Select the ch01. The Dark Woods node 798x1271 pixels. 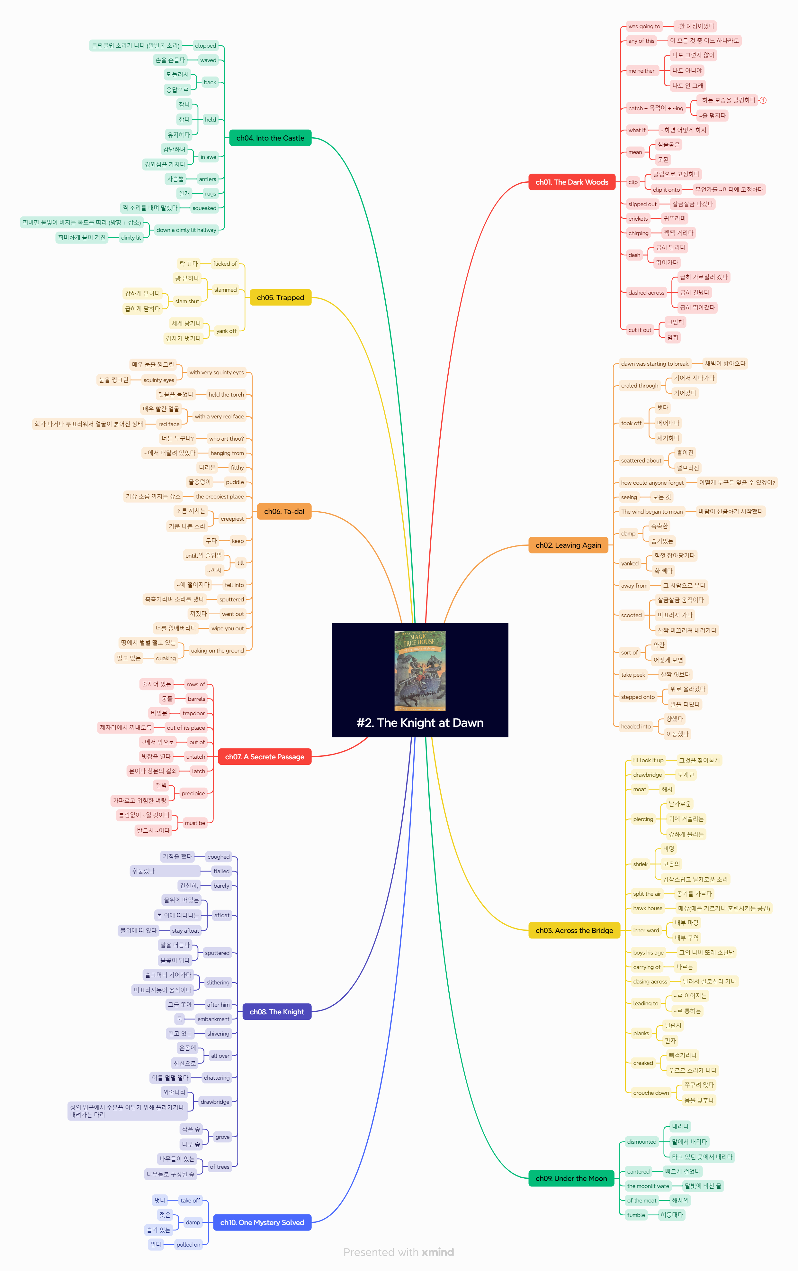pyautogui.click(x=572, y=182)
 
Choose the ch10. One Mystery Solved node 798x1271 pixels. pyautogui.click(x=262, y=1222)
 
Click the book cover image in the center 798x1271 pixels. pyautogui.click(x=420, y=670)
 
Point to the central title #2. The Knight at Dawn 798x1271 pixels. pyautogui.click(x=420, y=723)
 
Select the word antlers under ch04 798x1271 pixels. pyautogui.click(x=207, y=179)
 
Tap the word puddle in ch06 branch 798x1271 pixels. pyautogui.click(x=235, y=482)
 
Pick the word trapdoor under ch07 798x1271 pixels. pyautogui.click(x=193, y=713)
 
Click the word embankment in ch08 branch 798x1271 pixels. pyautogui.click(x=213, y=1019)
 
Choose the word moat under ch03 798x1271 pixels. pyautogui.click(x=639, y=789)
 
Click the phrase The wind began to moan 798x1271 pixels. pyautogui.click(x=651, y=511)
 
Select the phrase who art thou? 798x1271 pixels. pyautogui.click(x=226, y=439)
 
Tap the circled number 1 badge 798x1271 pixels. pyautogui.click(x=763, y=100)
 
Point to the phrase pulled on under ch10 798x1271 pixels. pyautogui.click(x=188, y=1245)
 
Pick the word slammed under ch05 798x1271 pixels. pyautogui.click(x=225, y=290)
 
